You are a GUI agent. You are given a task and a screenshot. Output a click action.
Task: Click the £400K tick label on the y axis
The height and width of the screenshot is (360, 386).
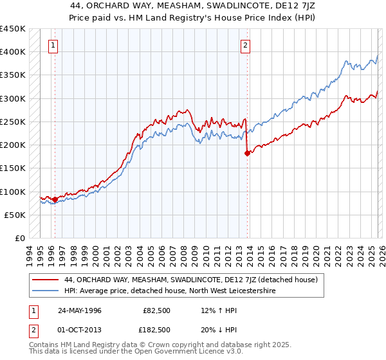tap(13, 51)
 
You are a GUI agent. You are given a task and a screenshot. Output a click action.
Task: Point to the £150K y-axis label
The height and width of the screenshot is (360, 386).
tap(13, 168)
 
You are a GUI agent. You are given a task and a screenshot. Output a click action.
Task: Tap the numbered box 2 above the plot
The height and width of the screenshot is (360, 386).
tap(246, 45)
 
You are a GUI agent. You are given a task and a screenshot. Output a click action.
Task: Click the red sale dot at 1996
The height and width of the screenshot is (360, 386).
tap(55, 199)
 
